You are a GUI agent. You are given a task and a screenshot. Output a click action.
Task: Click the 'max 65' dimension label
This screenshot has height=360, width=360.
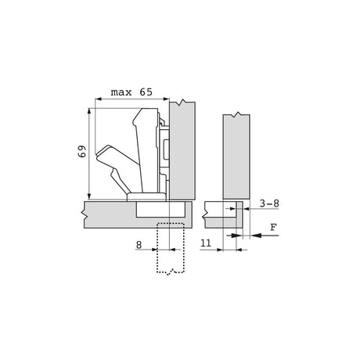click(x=131, y=92)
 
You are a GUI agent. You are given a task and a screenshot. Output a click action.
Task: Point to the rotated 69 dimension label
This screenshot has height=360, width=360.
click(x=81, y=151)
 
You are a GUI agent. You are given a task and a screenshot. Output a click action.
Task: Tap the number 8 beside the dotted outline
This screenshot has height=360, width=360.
click(x=139, y=245)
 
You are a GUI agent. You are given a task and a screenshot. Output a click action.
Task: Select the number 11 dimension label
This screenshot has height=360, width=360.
click(x=206, y=243)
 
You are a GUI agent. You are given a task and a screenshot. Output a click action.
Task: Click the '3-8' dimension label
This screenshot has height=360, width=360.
click(x=269, y=203)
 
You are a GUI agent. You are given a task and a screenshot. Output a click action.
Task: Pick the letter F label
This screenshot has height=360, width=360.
click(x=273, y=227)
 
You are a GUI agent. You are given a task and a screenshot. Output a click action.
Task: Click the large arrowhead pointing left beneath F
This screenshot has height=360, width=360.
click(x=257, y=236)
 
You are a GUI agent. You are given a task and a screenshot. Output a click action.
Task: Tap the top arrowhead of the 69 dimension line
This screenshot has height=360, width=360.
click(x=89, y=111)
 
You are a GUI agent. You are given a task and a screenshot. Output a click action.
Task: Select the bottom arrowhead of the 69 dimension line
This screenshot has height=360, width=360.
click(x=89, y=196)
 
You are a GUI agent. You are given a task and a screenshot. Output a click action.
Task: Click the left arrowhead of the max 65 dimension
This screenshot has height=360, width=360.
click(x=99, y=99)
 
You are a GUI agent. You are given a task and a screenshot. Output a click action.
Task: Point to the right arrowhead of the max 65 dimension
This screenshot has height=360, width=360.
click(x=167, y=99)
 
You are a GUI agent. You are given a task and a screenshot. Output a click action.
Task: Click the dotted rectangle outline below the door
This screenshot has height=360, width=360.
click(x=171, y=248)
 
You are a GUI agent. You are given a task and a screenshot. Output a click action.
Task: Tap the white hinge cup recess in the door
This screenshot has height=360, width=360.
click(x=161, y=209)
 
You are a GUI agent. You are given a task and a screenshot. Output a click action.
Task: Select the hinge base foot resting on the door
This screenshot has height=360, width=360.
click(x=146, y=197)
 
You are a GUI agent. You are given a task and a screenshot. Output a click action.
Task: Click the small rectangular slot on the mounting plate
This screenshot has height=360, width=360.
click(x=166, y=149)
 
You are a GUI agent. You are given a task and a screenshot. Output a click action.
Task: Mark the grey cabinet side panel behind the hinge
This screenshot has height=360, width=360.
click(x=182, y=150)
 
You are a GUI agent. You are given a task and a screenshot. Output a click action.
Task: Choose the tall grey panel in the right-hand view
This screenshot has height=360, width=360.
click(x=236, y=157)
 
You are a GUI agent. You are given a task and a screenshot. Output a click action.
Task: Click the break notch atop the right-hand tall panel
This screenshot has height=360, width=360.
click(x=237, y=114)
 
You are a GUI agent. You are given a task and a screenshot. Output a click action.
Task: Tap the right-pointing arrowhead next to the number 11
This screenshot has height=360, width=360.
click(x=220, y=250)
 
